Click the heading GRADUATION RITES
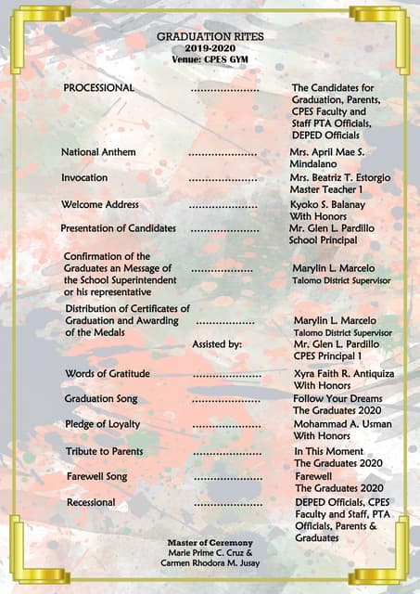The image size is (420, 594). click(210, 36)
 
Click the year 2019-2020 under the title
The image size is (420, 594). click(210, 47)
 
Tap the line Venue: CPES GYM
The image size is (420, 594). click(210, 58)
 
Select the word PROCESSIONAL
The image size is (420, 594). click(98, 87)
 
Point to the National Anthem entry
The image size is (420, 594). click(98, 151)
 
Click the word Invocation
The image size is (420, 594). click(84, 177)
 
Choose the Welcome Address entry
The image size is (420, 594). click(100, 204)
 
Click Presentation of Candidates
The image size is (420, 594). click(118, 228)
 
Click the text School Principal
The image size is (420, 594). click(328, 239)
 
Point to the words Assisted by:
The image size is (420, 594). click(217, 343)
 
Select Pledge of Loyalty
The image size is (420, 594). click(102, 424)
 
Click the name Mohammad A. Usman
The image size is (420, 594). click(337, 424)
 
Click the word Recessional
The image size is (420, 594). click(91, 502)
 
